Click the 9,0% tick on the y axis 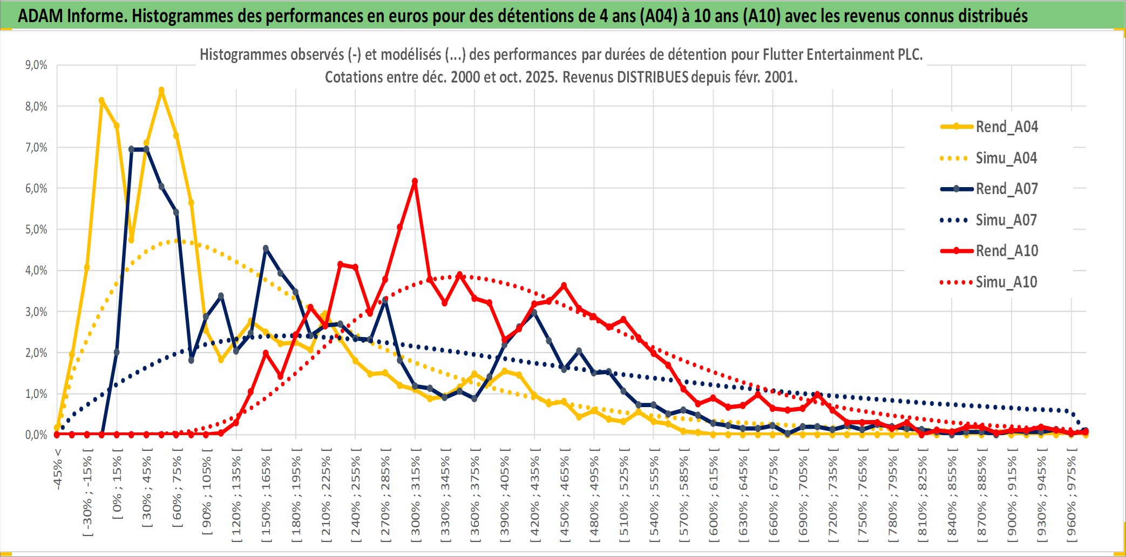36,65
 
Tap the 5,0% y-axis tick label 36,230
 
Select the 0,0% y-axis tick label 36,435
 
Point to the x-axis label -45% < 58,469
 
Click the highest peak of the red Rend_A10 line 415,182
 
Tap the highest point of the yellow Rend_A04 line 161,91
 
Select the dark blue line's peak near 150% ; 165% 266,249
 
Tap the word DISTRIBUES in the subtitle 652,77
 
